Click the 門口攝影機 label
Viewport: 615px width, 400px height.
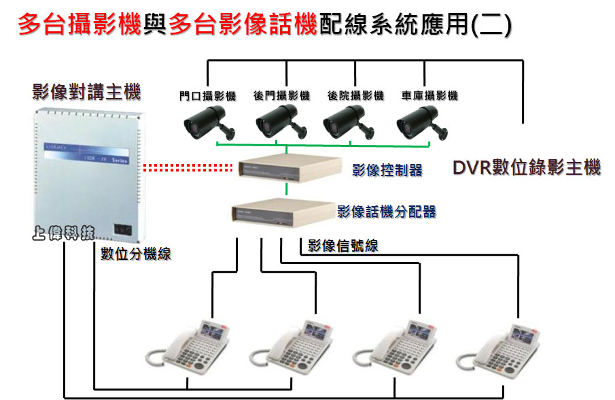coord(207,97)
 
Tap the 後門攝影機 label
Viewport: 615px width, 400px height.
coord(281,97)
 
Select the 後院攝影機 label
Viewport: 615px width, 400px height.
coord(355,97)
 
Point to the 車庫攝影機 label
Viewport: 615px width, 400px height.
coord(429,97)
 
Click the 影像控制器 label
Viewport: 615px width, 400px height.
coord(387,170)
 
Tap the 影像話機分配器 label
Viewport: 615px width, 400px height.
coord(387,212)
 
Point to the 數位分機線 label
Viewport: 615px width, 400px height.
coord(136,254)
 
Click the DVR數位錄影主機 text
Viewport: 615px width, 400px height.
coord(527,168)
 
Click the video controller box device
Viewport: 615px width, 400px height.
coord(289,169)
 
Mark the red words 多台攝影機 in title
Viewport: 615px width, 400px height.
coord(80,25)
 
